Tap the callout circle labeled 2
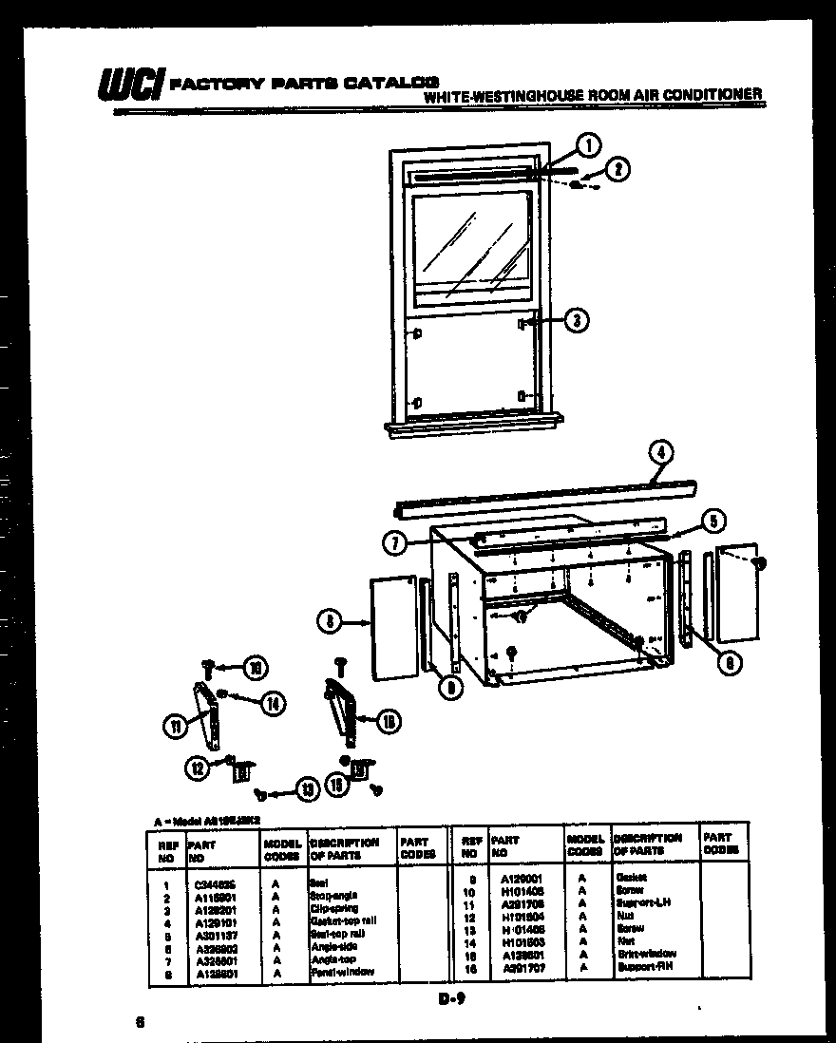tap(617, 170)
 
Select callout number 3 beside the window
tap(575, 321)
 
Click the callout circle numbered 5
tap(714, 519)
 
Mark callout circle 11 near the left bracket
tap(174, 729)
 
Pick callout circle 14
tap(273, 703)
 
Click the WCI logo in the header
tap(130, 86)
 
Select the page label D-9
tap(452, 997)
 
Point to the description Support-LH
tap(642, 901)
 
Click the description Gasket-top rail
tap(343, 920)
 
